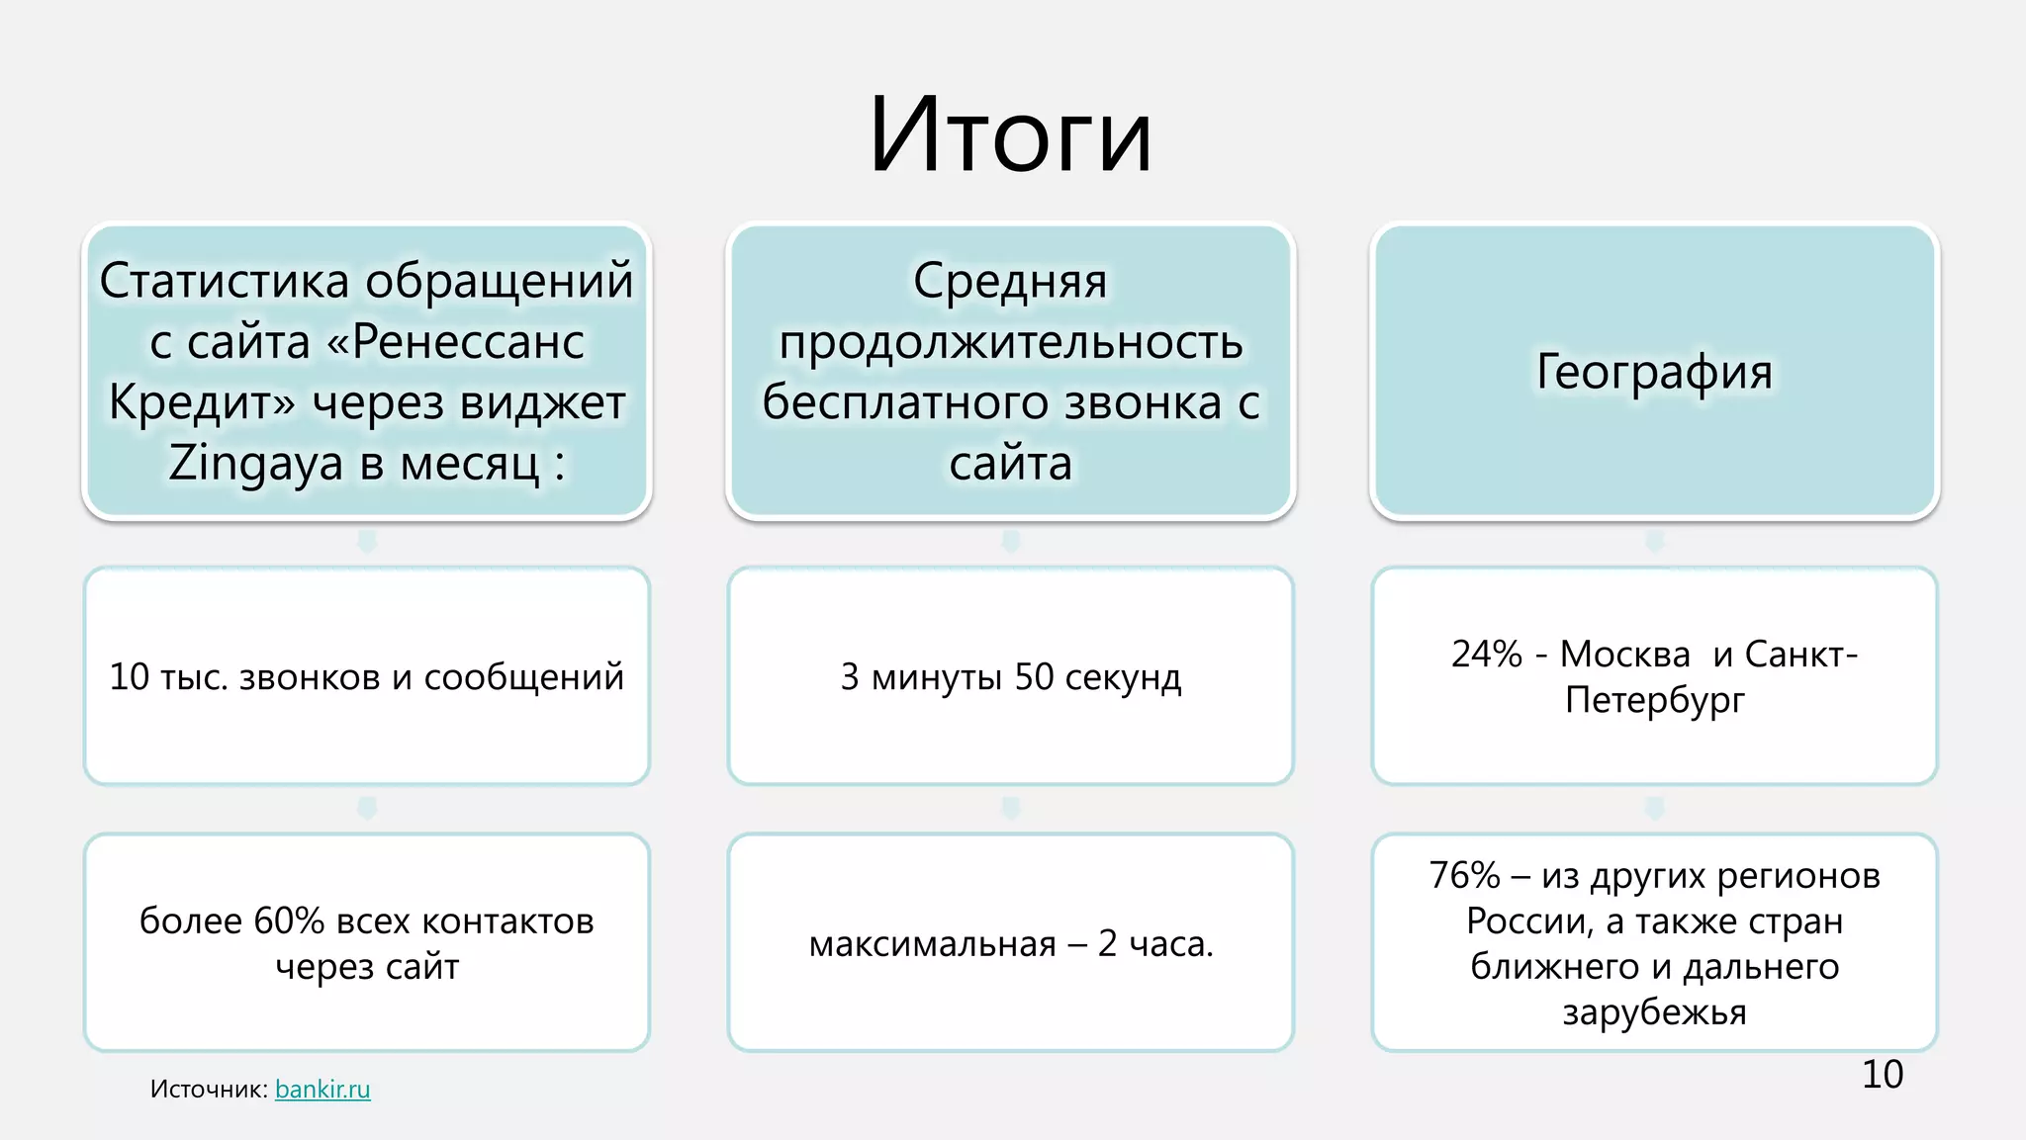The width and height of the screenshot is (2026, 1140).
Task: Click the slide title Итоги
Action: point(1010,135)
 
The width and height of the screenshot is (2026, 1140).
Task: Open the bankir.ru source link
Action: point(322,1090)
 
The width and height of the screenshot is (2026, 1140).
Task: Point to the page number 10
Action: point(1882,1075)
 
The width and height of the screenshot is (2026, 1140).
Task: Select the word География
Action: point(1654,372)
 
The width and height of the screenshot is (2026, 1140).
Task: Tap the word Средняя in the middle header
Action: point(1010,281)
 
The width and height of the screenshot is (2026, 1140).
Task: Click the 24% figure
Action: point(1486,655)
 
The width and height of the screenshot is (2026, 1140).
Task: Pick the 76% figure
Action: point(1464,876)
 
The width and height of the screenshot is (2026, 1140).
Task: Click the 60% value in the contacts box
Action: point(289,921)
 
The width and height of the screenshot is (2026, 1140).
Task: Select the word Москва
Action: point(1625,655)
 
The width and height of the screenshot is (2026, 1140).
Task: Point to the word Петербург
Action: point(1654,700)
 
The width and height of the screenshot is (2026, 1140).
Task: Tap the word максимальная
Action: point(932,944)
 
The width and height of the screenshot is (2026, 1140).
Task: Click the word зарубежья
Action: point(1654,1012)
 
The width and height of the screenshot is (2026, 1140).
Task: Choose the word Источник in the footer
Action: point(209,1090)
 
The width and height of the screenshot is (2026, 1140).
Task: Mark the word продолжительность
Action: point(1010,342)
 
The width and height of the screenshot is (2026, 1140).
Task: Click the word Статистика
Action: point(225,281)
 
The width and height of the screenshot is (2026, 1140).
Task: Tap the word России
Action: point(1529,921)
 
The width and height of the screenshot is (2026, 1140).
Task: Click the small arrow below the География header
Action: point(1654,542)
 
